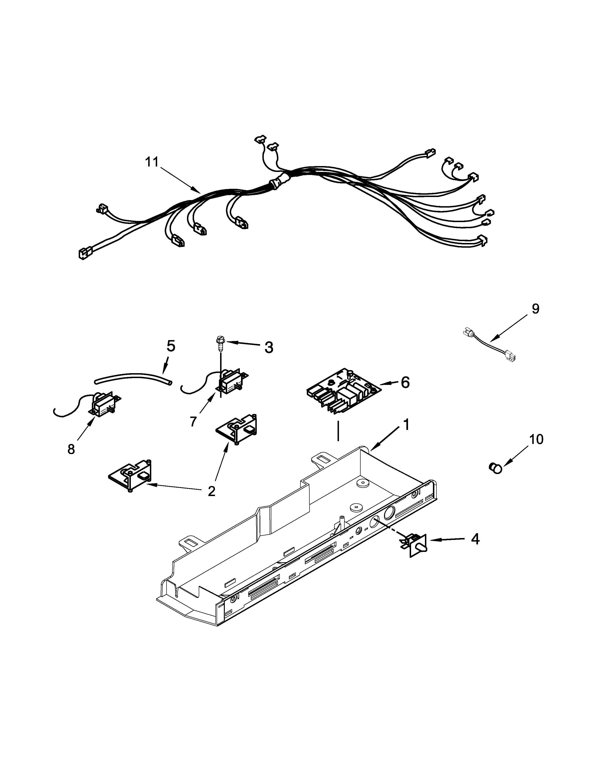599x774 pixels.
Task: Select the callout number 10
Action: (x=536, y=440)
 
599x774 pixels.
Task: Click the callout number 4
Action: (x=475, y=549)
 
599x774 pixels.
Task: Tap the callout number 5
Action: (x=171, y=346)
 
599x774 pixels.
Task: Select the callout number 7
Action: (x=193, y=421)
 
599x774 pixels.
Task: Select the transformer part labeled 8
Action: (x=103, y=404)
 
